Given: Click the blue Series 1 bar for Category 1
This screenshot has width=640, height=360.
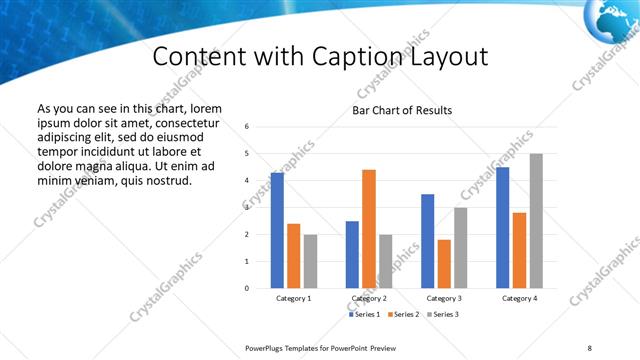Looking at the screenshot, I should (x=277, y=230).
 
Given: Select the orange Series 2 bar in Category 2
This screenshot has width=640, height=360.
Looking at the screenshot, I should (x=369, y=229).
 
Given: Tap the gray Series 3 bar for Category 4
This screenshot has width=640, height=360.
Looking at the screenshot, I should (x=537, y=221).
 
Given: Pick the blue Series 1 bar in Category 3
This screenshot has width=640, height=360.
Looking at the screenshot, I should (x=427, y=241).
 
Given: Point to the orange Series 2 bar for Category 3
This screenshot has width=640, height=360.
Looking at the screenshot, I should (x=444, y=264).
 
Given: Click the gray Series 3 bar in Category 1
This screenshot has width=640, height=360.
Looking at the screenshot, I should (x=310, y=261).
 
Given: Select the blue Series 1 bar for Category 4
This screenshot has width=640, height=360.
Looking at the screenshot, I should (x=502, y=227).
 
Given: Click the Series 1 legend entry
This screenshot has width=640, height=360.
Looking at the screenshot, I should (x=364, y=315).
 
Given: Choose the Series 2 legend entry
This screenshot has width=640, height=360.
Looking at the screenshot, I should (x=403, y=315).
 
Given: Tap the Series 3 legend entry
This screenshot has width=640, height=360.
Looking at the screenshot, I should (x=442, y=315).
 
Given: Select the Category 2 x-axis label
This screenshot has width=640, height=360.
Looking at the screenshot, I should (x=369, y=299).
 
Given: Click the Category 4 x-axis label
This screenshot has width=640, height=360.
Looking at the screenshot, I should (x=519, y=299).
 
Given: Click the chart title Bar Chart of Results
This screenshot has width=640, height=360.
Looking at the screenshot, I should (x=402, y=110).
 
